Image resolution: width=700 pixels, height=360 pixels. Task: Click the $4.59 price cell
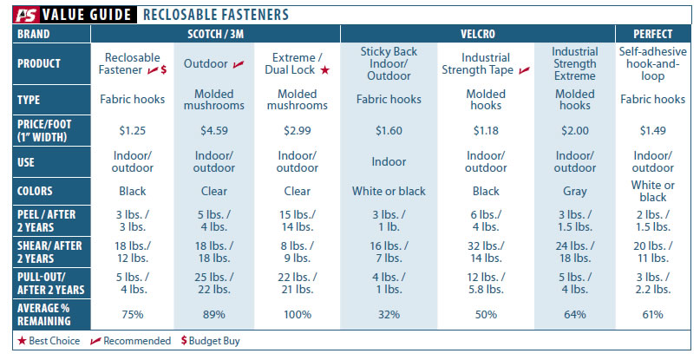pos(214,130)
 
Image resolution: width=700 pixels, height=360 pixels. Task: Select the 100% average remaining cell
pos(298,314)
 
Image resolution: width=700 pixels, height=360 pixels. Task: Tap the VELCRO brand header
pos(478,34)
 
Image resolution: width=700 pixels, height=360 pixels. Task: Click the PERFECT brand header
pos(652,34)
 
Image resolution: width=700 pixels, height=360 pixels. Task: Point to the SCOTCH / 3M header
pos(216,34)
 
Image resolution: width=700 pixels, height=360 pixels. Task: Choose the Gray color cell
pos(574,192)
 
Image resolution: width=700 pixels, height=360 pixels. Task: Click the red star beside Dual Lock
pos(325,70)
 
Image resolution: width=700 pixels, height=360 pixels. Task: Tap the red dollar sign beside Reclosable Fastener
pos(164,69)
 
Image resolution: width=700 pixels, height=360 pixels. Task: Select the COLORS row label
pos(35,191)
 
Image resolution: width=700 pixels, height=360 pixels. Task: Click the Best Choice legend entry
pos(49,341)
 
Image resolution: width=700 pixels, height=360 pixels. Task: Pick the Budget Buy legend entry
pos(210,341)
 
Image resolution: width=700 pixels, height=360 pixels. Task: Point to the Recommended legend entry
pos(130,341)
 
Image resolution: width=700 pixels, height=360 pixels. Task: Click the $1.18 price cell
pos(485,130)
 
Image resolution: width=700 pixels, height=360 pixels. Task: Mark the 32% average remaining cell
pos(389,314)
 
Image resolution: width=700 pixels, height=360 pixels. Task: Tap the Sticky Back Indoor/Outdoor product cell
pos(389,63)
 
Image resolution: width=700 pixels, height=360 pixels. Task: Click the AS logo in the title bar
pos(26,15)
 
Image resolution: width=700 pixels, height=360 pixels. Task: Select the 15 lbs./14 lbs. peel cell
pos(298,220)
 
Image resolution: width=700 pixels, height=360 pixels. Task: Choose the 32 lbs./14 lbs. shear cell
pos(485,252)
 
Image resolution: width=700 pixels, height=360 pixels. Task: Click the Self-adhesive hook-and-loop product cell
pos(652,63)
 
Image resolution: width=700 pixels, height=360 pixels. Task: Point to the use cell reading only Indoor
pos(389,161)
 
